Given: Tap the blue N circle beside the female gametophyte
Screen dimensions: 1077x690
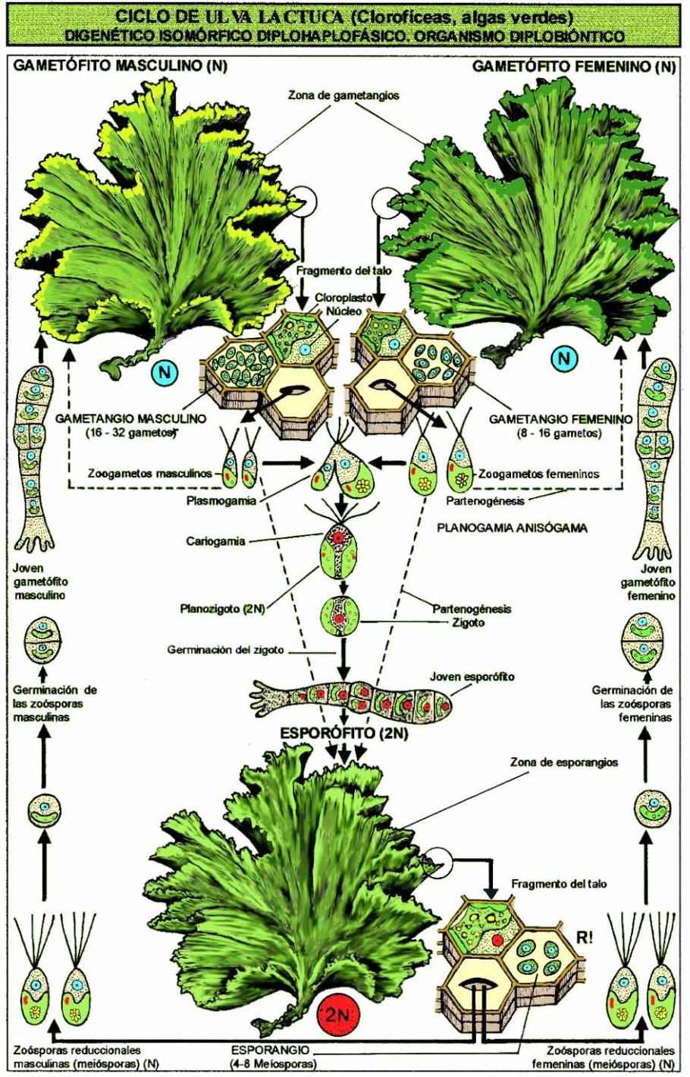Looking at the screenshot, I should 563,358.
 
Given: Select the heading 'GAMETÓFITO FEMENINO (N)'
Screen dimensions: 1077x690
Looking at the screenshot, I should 573,67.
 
